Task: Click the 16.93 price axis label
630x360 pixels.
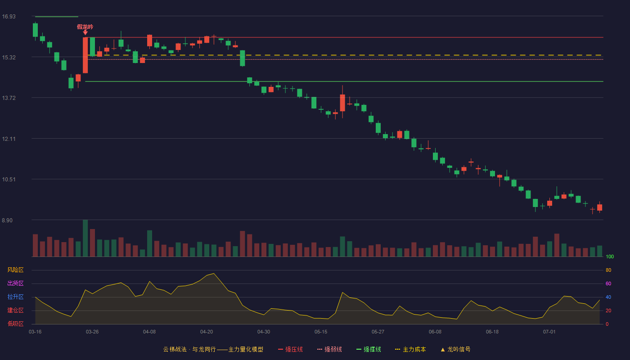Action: point(9,17)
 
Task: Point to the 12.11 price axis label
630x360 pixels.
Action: point(9,139)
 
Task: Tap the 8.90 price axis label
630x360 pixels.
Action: point(7,220)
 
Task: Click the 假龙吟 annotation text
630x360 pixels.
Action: point(85,27)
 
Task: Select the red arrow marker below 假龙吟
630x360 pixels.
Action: point(85,32)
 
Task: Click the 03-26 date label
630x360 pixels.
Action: point(92,332)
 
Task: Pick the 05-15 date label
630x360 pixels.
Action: point(321,332)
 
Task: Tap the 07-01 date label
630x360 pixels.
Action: point(549,332)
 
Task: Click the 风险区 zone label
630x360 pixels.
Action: point(15,270)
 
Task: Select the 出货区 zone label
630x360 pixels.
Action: point(15,283)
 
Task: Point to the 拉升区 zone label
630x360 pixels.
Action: point(15,297)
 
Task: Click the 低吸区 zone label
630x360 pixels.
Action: point(15,324)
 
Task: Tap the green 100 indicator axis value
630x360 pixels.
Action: point(610,256)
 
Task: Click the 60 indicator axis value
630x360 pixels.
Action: point(608,283)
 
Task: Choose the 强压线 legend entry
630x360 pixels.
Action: point(290,349)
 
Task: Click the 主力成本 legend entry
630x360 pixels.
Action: point(410,349)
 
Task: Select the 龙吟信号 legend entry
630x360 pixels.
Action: point(455,349)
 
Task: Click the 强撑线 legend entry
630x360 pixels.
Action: point(369,349)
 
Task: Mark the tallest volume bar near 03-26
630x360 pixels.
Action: point(85,238)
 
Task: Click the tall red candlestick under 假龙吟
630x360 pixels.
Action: point(85,55)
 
